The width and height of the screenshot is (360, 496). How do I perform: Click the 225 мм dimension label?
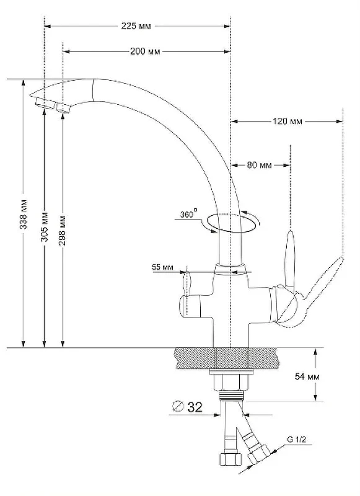click(x=136, y=26)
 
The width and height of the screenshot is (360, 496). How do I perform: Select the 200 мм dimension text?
click(x=145, y=51)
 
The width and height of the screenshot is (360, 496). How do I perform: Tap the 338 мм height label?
click(x=24, y=214)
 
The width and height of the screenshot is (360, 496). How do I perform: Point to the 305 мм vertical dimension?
click(x=45, y=226)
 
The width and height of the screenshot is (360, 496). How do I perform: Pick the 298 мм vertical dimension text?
click(x=62, y=230)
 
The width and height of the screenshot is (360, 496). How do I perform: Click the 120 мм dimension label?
click(x=288, y=121)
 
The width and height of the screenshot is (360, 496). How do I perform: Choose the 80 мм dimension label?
click(x=260, y=165)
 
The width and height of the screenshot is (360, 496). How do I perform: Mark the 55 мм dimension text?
click(x=163, y=267)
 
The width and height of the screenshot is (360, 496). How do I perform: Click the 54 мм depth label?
click(x=307, y=376)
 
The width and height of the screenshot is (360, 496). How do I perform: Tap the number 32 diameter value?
click(x=195, y=407)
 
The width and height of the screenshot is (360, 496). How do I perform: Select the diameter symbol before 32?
click(x=178, y=406)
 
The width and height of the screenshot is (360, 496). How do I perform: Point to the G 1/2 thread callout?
click(x=296, y=440)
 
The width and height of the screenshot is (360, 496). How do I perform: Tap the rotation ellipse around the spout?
click(x=233, y=232)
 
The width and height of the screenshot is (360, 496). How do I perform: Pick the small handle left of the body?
click(x=187, y=283)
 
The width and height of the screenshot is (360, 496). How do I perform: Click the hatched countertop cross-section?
click(x=228, y=358)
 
